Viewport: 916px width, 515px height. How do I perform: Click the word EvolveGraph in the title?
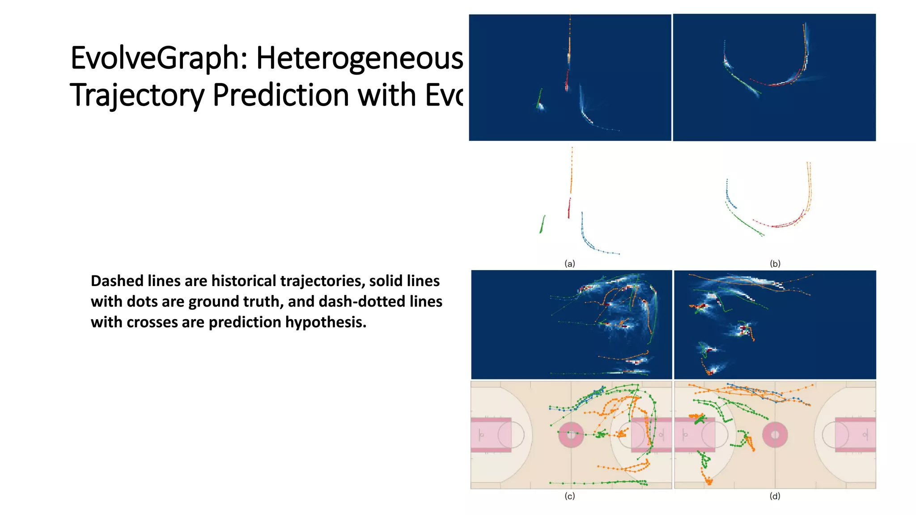coord(157,59)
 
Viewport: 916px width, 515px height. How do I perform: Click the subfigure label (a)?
coord(569,264)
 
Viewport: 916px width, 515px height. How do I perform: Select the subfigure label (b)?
coord(775,264)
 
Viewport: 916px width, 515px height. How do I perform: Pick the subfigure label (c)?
coord(569,496)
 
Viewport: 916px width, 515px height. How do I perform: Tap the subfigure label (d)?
coord(775,496)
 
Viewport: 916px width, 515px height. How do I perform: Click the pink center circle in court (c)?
coord(571,435)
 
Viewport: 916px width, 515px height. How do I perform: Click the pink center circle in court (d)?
coord(775,435)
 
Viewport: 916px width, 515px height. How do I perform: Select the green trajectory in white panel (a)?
coord(543,224)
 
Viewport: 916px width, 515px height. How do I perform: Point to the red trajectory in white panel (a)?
coord(569,208)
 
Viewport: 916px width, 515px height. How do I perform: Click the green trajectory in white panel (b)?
coord(745,223)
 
